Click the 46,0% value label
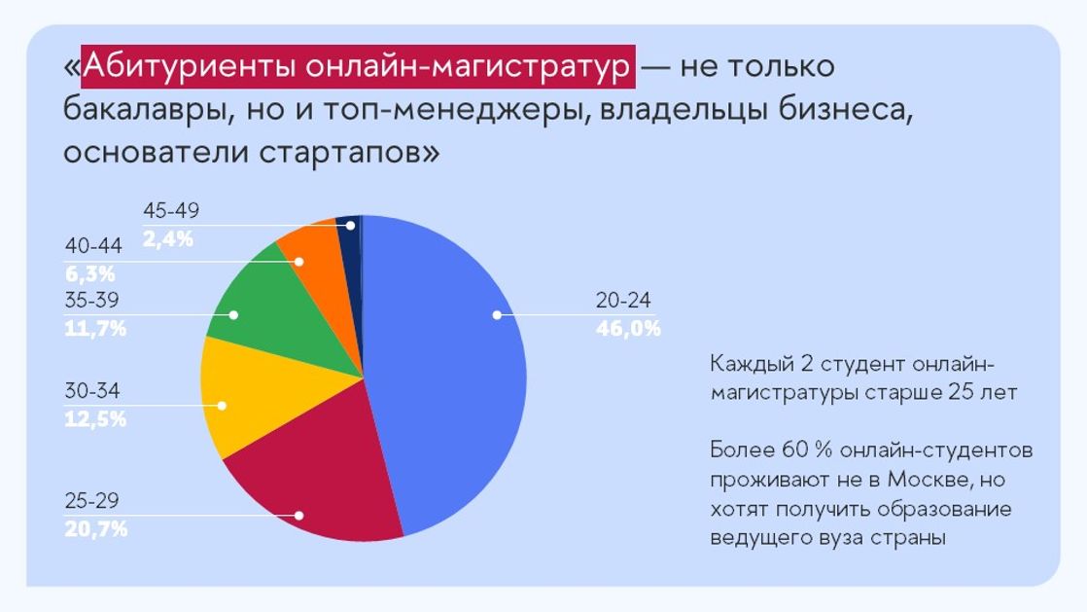coord(628,328)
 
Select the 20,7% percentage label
coord(96,529)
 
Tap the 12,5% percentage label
coord(95,419)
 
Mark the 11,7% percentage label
coord(95,328)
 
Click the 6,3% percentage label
coord(90,273)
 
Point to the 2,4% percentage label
coord(168,238)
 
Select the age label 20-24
coord(623,301)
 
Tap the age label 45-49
coord(171,210)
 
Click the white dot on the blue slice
coord(497,315)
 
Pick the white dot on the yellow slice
coord(222,406)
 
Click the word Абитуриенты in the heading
coord(190,66)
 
